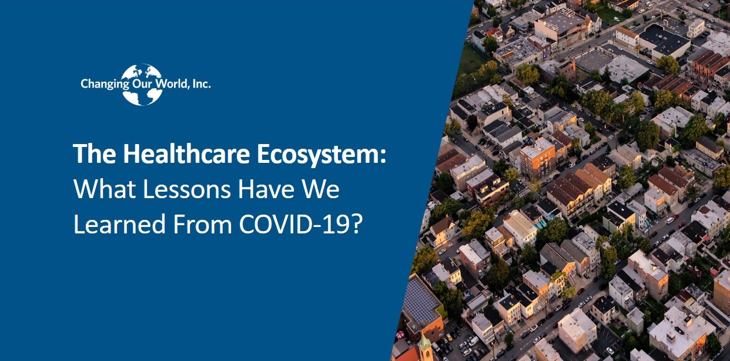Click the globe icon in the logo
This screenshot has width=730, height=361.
(142, 85)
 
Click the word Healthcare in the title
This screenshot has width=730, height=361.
(186, 153)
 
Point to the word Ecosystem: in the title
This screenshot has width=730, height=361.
(322, 155)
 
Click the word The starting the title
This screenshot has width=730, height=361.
(95, 153)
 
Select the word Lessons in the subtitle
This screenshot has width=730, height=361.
(187, 189)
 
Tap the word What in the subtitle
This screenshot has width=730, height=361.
(105, 189)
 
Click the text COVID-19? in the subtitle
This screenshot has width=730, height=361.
(301, 225)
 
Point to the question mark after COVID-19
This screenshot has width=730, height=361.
(357, 225)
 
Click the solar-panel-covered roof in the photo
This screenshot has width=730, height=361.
(420, 299)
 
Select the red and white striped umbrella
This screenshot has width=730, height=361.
(400, 335)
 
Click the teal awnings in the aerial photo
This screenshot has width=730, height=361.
(540, 225)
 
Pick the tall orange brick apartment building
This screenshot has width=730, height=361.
(537, 158)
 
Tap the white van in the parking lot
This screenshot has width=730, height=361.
(473, 341)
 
